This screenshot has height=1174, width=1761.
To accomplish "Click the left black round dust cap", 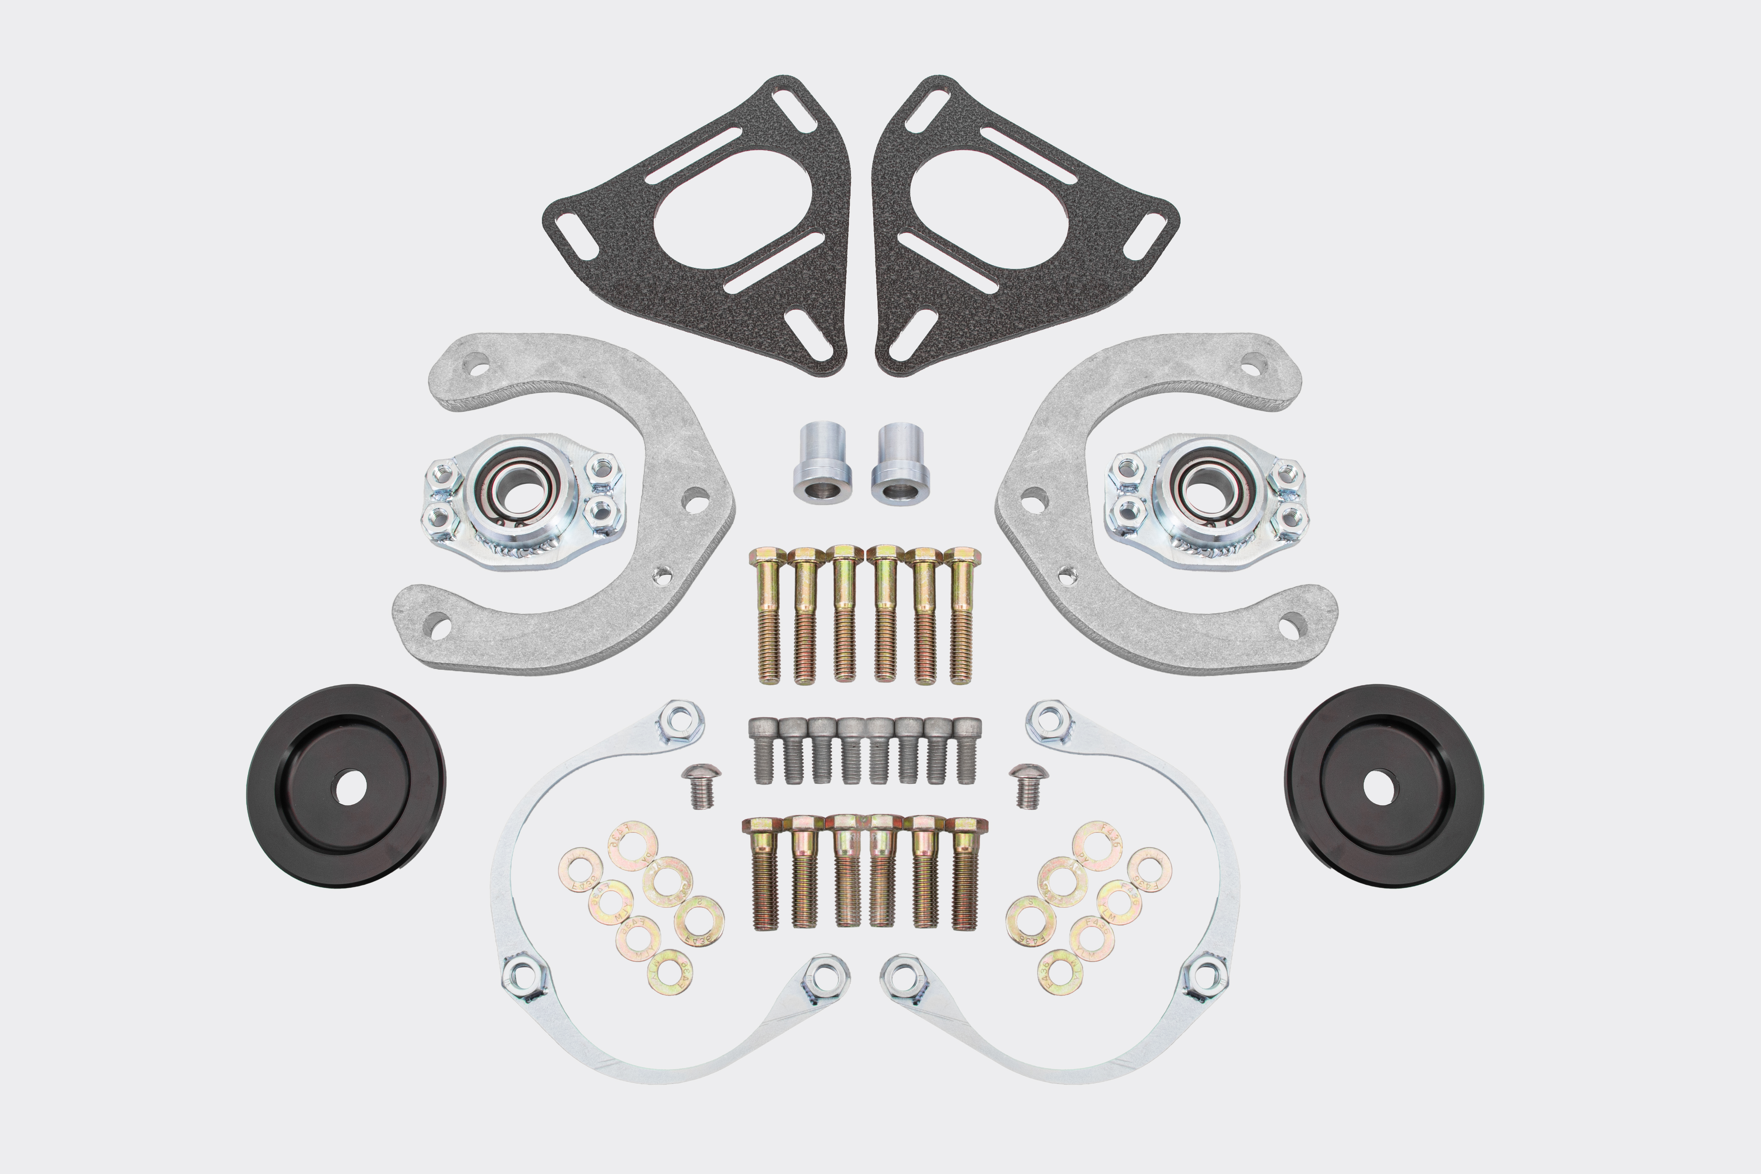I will click(x=346, y=786).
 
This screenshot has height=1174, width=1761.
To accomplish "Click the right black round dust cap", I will click(x=1384, y=786).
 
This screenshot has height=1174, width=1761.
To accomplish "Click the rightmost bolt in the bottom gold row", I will click(x=966, y=872).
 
